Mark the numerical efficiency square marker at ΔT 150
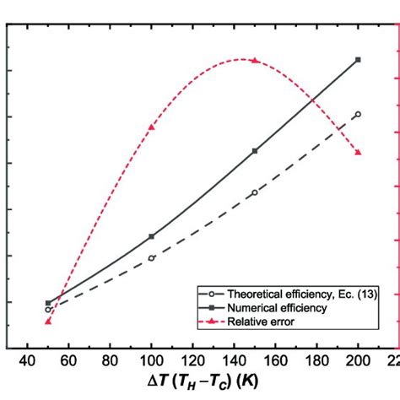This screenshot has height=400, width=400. [255, 151]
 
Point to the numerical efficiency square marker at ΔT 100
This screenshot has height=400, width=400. [152, 236]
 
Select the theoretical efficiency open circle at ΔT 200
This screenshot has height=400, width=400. [359, 114]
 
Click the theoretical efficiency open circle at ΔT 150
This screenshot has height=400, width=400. [255, 192]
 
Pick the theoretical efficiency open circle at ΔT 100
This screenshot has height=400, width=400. [152, 257]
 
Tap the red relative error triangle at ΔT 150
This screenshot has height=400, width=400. [255, 61]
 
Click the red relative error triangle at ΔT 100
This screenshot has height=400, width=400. [152, 127]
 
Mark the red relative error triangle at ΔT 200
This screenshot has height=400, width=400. [359, 152]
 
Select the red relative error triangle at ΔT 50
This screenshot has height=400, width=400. [48, 321]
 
